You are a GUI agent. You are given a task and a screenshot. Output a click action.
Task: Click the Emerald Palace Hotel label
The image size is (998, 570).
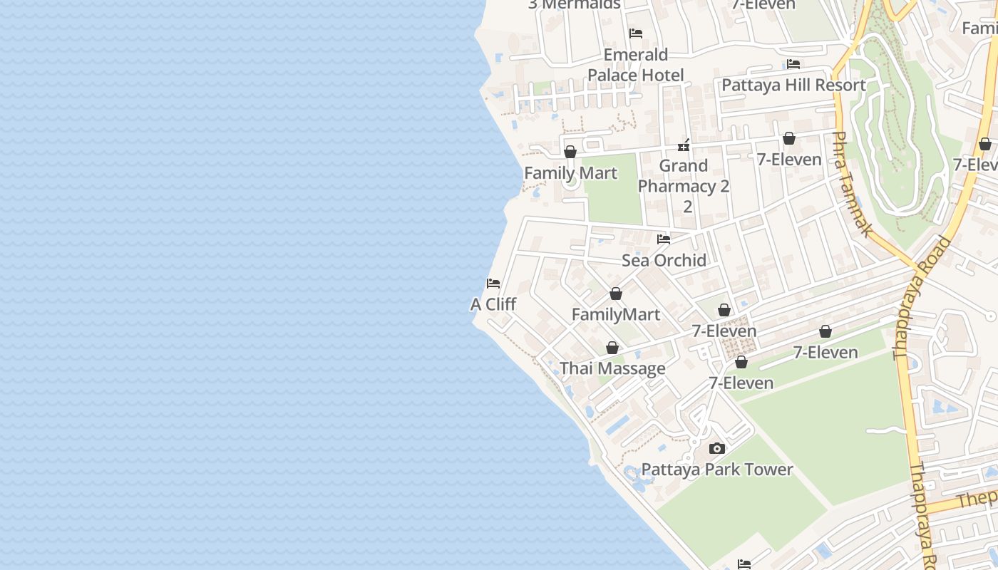click(635, 65)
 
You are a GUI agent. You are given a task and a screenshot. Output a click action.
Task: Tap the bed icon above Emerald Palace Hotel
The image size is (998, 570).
click(636, 33)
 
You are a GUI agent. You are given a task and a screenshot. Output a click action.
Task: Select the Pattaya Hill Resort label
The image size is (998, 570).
click(793, 85)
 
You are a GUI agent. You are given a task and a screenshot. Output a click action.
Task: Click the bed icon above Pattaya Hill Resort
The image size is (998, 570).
click(793, 64)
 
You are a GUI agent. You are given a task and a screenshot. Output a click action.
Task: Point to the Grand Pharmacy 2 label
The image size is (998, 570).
click(684, 176)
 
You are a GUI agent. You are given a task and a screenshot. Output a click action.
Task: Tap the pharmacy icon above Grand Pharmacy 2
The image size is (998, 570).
click(684, 145)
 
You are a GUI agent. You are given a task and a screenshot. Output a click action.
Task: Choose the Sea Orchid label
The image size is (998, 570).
click(664, 260)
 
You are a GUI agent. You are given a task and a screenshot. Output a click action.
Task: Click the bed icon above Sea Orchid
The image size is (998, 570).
click(664, 239)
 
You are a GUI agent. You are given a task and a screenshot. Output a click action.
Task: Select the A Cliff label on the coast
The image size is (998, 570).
click(493, 304)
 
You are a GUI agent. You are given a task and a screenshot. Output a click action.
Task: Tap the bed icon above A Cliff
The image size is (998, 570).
click(493, 284)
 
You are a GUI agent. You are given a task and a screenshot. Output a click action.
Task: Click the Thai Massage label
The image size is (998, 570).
click(612, 368)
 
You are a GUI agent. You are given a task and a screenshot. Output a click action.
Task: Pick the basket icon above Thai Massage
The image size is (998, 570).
click(612, 348)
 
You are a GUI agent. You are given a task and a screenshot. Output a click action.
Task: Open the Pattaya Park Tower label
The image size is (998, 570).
click(717, 470)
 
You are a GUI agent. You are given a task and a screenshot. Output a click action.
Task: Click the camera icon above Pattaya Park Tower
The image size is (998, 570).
click(717, 449)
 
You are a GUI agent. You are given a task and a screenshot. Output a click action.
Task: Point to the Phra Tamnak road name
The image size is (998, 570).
click(853, 184)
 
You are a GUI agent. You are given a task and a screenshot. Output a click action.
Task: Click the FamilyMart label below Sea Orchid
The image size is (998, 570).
click(616, 314)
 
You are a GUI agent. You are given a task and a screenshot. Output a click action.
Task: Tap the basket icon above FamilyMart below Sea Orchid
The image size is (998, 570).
click(616, 294)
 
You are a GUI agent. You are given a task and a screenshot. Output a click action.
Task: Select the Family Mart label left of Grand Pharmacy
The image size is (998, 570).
click(570, 173)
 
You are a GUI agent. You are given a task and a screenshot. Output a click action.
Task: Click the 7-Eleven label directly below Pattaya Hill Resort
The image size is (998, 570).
click(789, 160)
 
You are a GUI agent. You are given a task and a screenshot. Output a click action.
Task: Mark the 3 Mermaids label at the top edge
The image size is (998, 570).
click(575, 4)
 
